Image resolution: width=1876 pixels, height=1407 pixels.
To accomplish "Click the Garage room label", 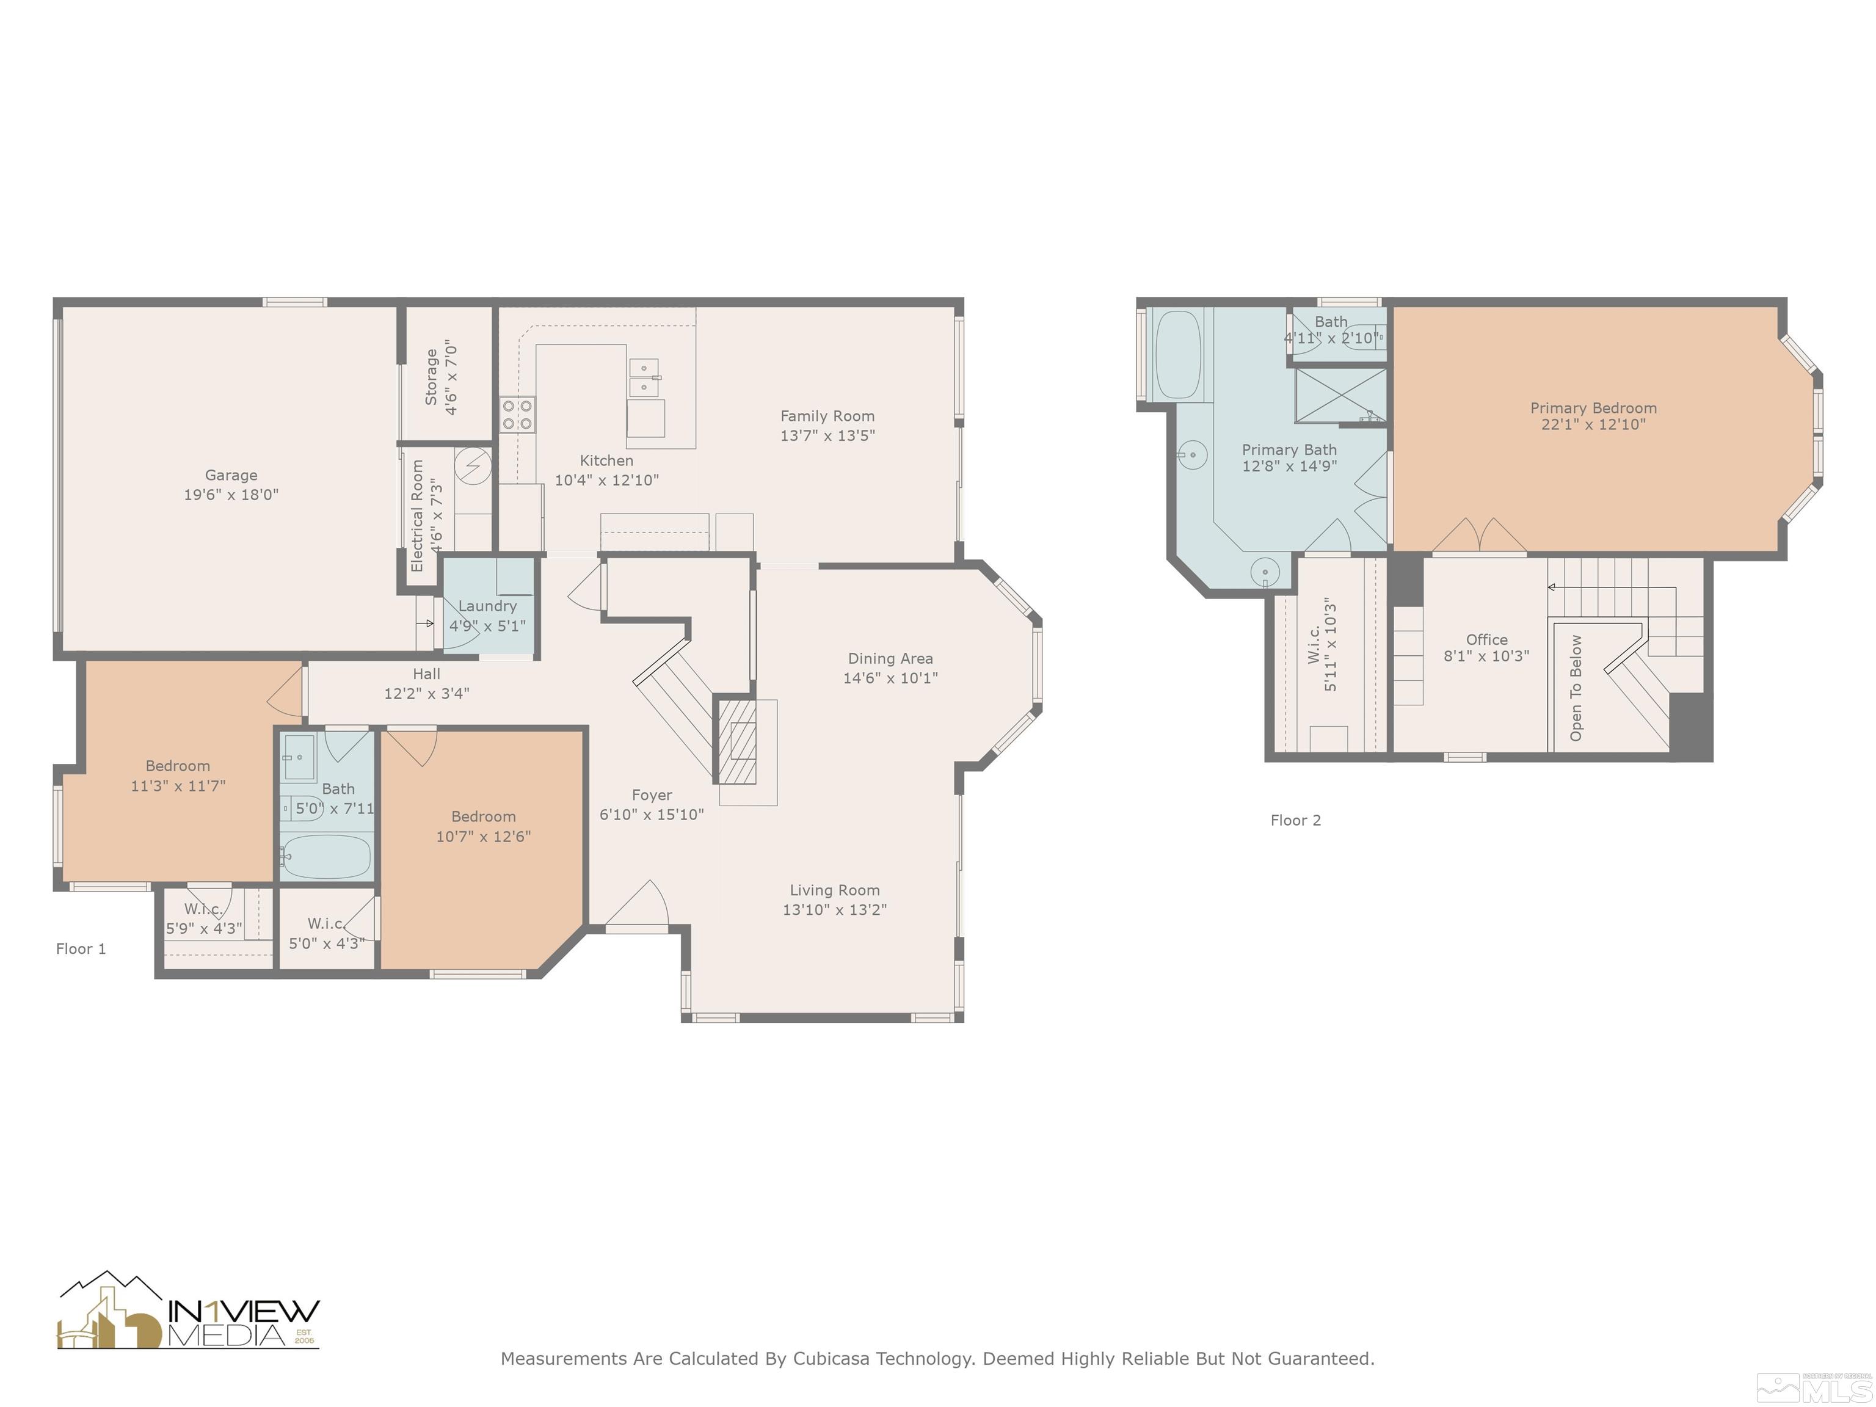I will pos(231,475).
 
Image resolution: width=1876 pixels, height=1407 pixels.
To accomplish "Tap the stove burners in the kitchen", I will pos(517,415).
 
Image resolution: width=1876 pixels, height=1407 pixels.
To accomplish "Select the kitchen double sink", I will pos(644,377).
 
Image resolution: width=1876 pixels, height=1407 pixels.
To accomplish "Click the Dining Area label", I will pos(890,658).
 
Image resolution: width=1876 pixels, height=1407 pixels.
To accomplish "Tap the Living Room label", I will pos(835,890).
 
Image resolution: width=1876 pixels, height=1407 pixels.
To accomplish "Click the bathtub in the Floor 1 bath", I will pos(327,857).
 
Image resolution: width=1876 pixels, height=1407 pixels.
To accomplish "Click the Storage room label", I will pos(432,377).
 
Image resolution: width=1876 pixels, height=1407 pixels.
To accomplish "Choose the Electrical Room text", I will pos(416,515).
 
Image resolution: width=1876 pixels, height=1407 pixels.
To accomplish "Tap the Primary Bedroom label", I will pos(1593,408).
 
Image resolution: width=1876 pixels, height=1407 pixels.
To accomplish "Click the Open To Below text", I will pos(1576,688).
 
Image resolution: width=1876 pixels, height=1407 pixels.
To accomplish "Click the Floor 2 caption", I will pos(1295,820).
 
